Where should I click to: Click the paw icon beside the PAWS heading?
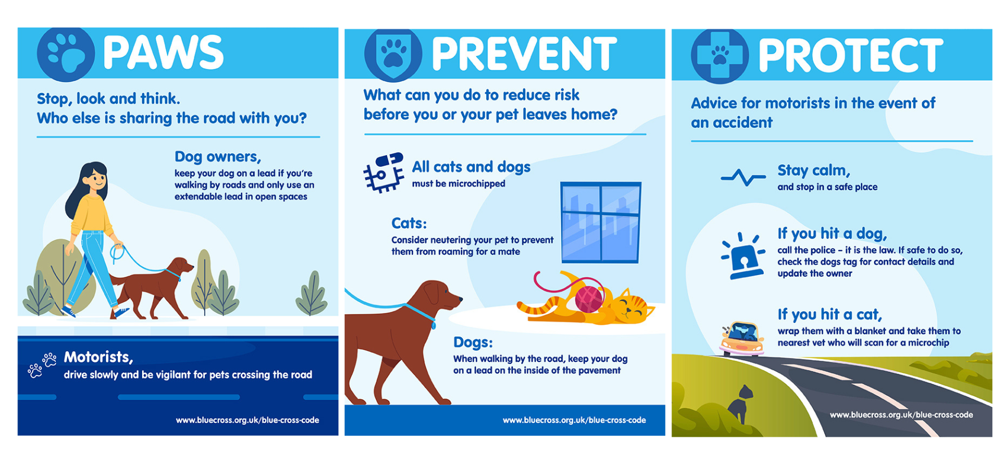(65, 54)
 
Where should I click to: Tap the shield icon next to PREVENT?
(393, 55)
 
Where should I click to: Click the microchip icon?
(384, 172)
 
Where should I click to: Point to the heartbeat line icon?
(743, 178)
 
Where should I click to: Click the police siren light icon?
(744, 256)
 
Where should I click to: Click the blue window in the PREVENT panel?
(601, 223)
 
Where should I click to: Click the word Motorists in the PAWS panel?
(98, 357)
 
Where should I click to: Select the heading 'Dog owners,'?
(218, 157)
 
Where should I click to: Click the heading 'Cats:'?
(409, 223)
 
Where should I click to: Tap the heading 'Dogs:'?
(473, 342)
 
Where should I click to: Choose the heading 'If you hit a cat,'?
(829, 314)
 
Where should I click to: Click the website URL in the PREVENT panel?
(574, 420)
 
